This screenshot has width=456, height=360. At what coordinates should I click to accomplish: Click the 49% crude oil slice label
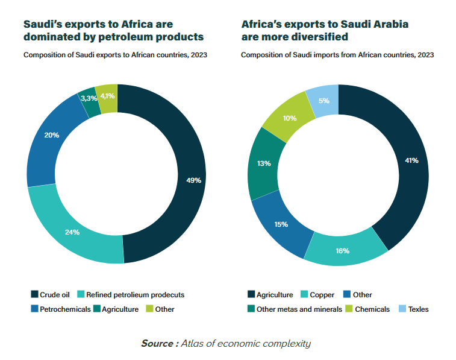click(x=194, y=180)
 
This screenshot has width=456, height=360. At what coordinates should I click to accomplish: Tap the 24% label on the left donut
click(x=73, y=232)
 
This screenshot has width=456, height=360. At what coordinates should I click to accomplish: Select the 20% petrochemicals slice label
click(x=52, y=135)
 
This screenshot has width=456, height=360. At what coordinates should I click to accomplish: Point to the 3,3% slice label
click(x=89, y=98)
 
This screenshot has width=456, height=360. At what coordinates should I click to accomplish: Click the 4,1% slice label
click(x=108, y=96)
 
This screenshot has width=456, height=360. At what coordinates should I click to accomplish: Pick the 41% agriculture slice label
click(x=411, y=160)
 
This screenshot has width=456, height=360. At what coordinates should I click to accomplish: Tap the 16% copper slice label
click(x=343, y=250)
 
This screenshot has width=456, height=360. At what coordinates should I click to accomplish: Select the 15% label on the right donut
click(x=281, y=224)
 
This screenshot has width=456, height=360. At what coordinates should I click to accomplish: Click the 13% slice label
click(x=264, y=163)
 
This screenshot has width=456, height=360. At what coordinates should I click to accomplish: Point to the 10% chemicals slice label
click(x=289, y=118)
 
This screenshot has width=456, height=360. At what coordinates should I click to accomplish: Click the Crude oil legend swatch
click(x=34, y=295)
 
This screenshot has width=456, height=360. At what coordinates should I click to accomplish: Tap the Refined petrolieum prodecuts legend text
click(x=135, y=295)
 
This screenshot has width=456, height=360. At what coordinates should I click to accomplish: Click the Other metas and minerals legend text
click(x=299, y=309)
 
